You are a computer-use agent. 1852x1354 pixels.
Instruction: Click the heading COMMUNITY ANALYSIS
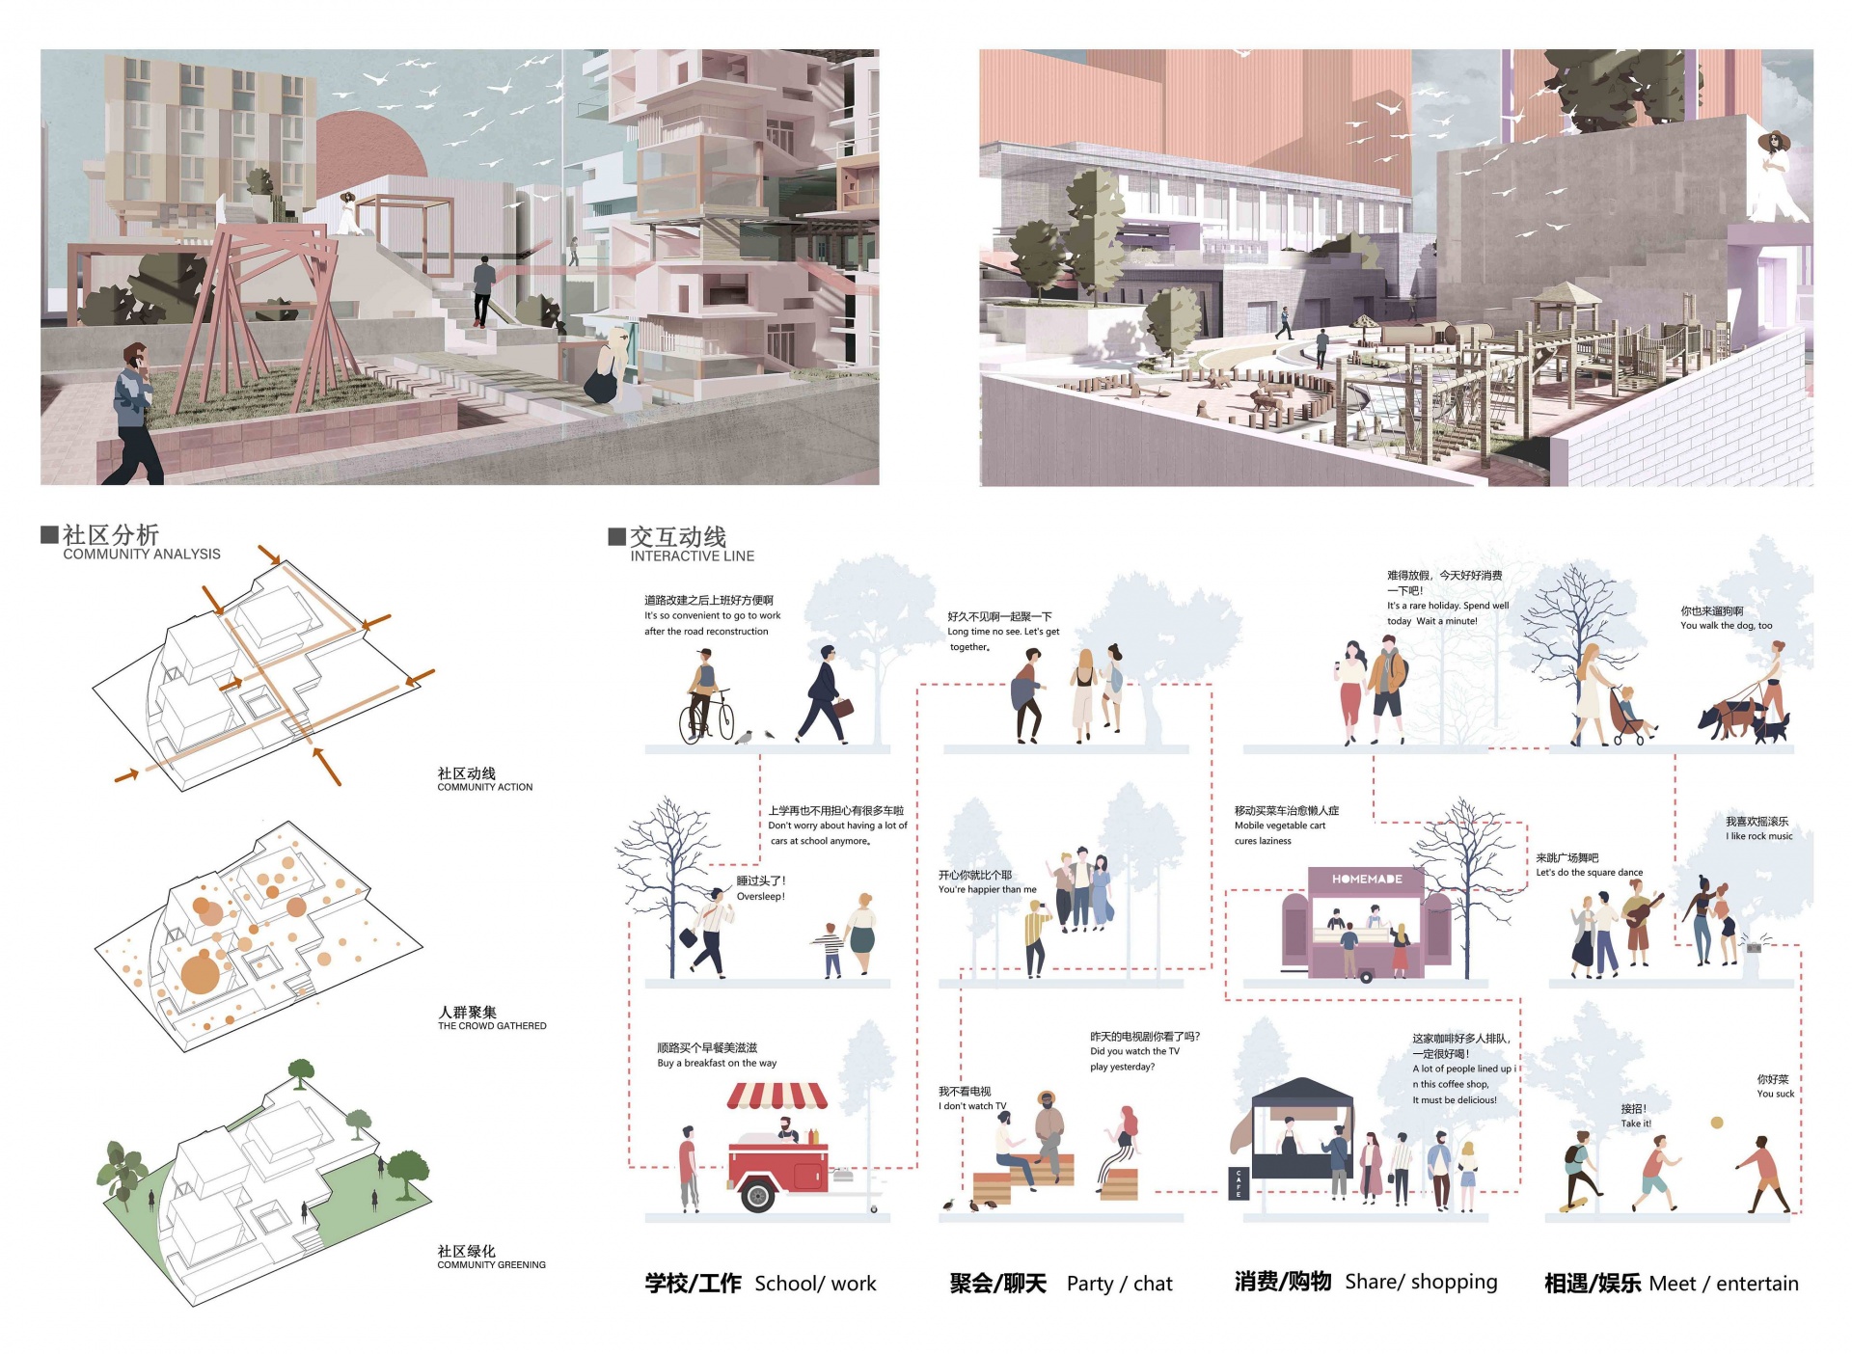[142, 554]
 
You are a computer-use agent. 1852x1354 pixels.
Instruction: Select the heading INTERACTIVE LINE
[693, 555]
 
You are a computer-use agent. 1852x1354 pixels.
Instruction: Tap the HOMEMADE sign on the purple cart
[1367, 879]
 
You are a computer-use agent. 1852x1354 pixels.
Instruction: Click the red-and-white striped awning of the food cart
[777, 1096]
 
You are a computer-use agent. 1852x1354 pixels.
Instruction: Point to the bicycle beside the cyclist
[706, 718]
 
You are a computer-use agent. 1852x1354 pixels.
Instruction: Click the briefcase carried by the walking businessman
[843, 708]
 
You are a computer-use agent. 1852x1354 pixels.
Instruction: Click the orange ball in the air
[1717, 1123]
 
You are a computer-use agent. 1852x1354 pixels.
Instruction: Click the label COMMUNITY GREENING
[491, 1264]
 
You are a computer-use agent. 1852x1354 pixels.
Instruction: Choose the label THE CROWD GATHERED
[492, 1026]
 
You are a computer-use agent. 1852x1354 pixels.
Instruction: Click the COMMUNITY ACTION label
[485, 787]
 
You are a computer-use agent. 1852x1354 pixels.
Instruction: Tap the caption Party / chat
[1119, 1284]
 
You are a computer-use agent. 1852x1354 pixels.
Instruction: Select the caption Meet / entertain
[1724, 1284]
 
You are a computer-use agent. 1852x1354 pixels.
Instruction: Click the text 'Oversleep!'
[761, 897]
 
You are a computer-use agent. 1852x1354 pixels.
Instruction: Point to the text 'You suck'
[1776, 1094]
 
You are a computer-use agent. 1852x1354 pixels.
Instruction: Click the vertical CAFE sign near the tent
[1239, 1183]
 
